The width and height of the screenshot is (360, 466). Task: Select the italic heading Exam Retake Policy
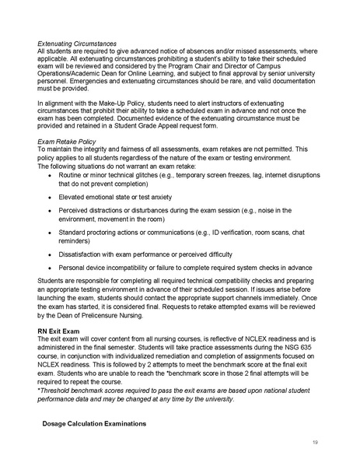point(66,141)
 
